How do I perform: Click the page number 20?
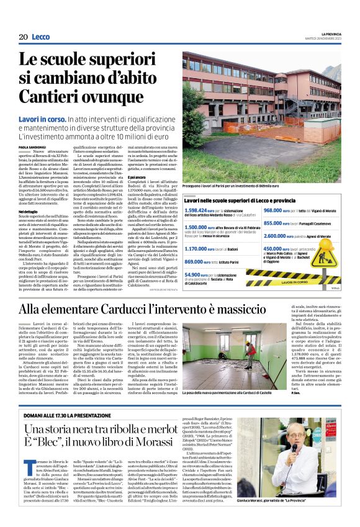24,37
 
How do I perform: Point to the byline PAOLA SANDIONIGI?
33,147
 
